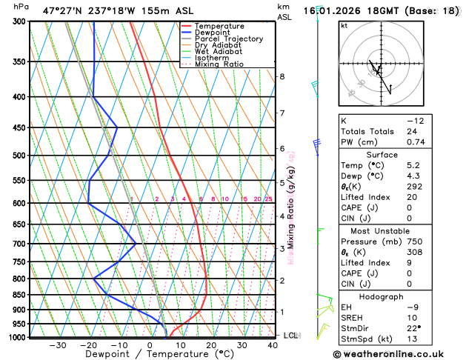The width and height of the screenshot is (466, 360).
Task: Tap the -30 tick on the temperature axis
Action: pyautogui.click(x=58, y=345)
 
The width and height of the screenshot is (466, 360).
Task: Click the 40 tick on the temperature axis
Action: pyautogui.click(x=273, y=345)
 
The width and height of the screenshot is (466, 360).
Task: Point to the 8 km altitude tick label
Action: pyautogui.click(x=282, y=77)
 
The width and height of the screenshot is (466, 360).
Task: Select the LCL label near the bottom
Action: pyautogui.click(x=292, y=336)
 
